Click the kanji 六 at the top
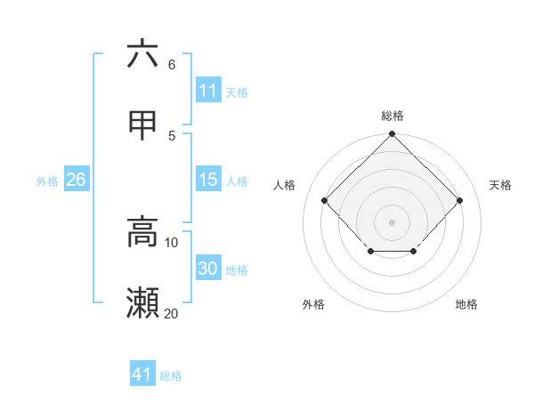tap(142, 55)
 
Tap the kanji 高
tap(142, 232)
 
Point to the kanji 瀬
tap(142, 303)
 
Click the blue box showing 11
tap(208, 91)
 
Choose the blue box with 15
tap(208, 180)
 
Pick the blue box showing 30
tap(208, 269)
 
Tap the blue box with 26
tap(77, 180)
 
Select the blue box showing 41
tap(142, 374)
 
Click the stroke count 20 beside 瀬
tap(171, 313)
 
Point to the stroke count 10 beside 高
tap(171, 242)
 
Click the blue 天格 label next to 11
tap(237, 92)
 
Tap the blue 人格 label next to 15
tap(237, 181)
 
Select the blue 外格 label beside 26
tap(47, 181)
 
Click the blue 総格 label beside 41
tap(171, 375)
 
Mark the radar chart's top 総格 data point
tap(392, 135)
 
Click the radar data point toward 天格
tap(459, 200)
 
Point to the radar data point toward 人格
tap(324, 200)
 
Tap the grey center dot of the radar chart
tap(392, 221)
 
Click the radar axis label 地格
tap(466, 304)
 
